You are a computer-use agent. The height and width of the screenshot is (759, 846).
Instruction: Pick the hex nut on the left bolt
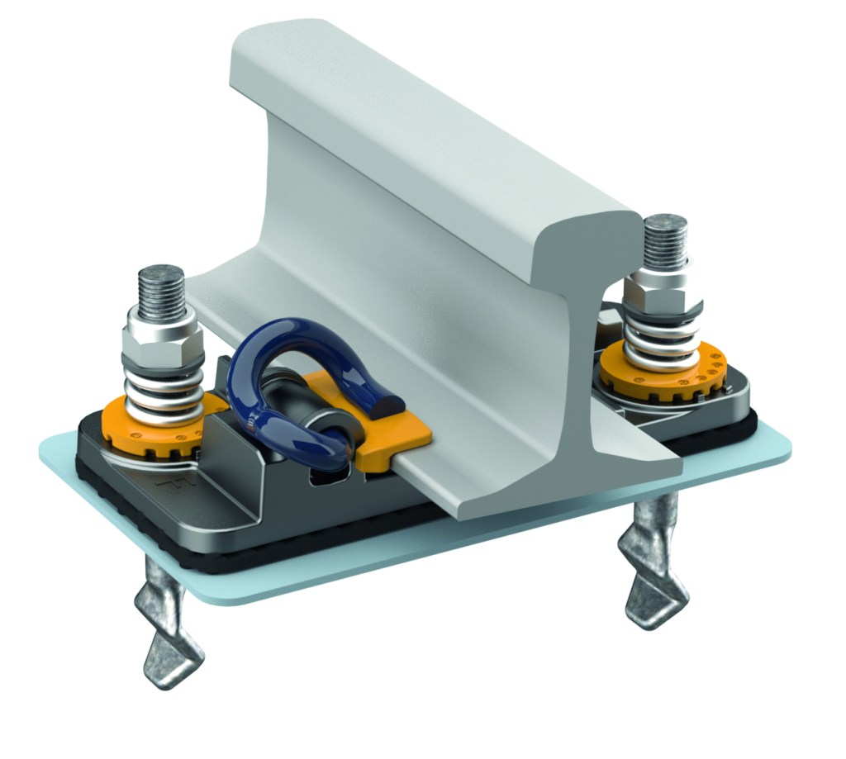(162, 338)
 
